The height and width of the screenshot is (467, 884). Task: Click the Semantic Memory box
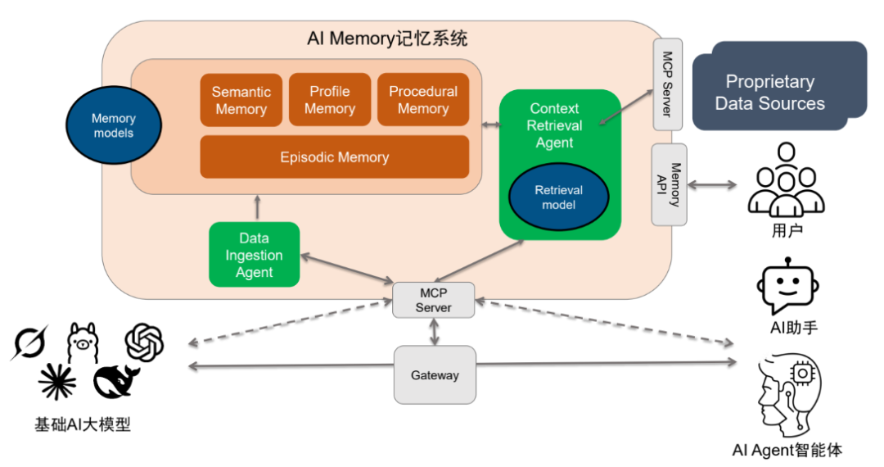(x=241, y=100)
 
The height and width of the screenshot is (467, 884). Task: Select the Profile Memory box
(x=330, y=100)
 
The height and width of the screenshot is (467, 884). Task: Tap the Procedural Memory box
(x=423, y=100)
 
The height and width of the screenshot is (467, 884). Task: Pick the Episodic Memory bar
(x=334, y=156)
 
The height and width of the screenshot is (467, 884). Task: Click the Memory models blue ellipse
(x=113, y=126)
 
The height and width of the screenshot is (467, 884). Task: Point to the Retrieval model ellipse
(x=558, y=197)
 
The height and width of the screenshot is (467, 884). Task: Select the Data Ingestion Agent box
(x=254, y=255)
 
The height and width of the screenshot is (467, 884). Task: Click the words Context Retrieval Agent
(x=554, y=125)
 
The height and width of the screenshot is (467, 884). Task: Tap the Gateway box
(x=435, y=375)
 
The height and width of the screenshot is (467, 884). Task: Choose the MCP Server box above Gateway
(x=433, y=300)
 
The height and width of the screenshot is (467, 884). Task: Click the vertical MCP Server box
(x=667, y=84)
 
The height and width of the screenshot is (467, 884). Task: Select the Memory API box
(x=669, y=184)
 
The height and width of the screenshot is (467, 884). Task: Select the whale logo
(x=120, y=381)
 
